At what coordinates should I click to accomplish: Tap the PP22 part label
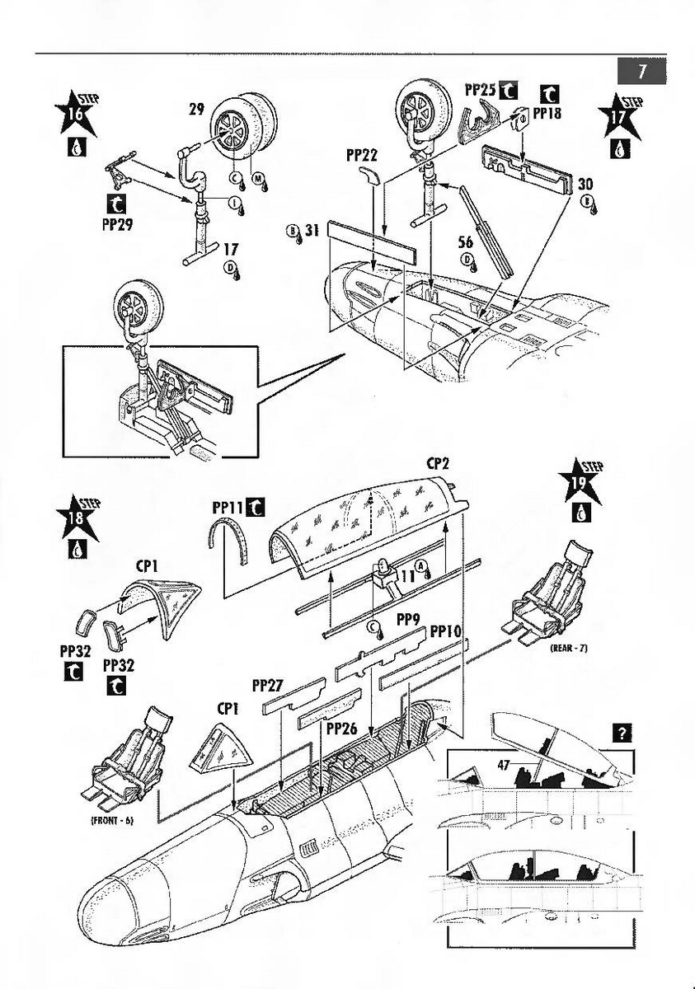(361, 154)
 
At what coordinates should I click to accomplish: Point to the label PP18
(546, 114)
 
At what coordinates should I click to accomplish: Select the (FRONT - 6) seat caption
(110, 821)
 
